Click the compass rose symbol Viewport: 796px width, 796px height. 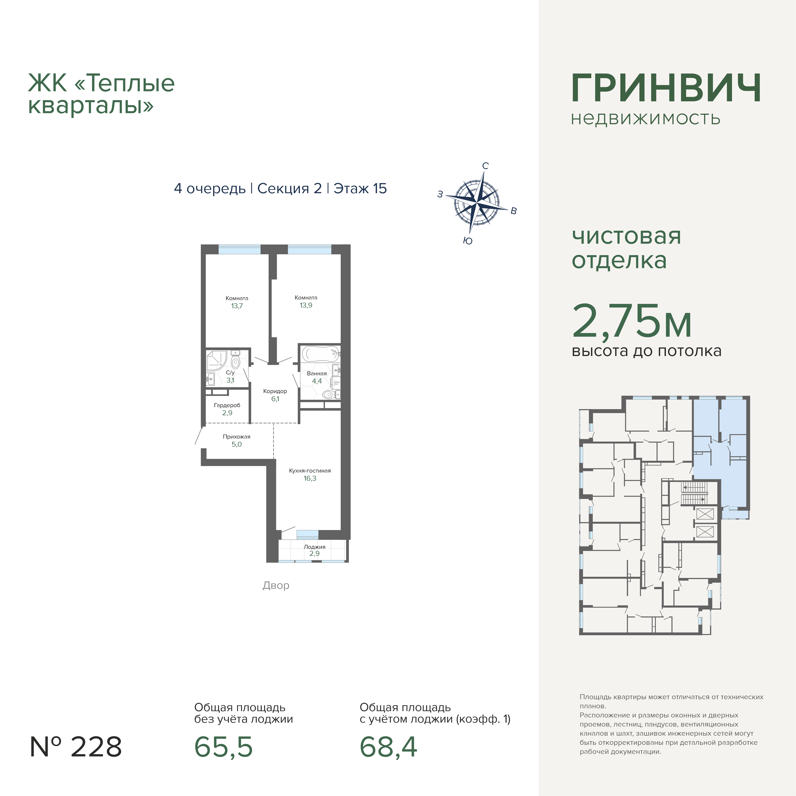[477, 203]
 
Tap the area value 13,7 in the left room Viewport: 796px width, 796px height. [237, 306]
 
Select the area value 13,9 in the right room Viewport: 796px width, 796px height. [306, 305]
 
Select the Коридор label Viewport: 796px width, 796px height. [275, 391]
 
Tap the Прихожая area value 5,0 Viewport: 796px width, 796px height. [237, 444]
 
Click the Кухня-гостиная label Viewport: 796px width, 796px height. [310, 471]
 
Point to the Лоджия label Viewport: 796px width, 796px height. [315, 547]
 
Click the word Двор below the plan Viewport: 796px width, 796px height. [276, 585]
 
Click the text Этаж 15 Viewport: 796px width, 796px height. [360, 188]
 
